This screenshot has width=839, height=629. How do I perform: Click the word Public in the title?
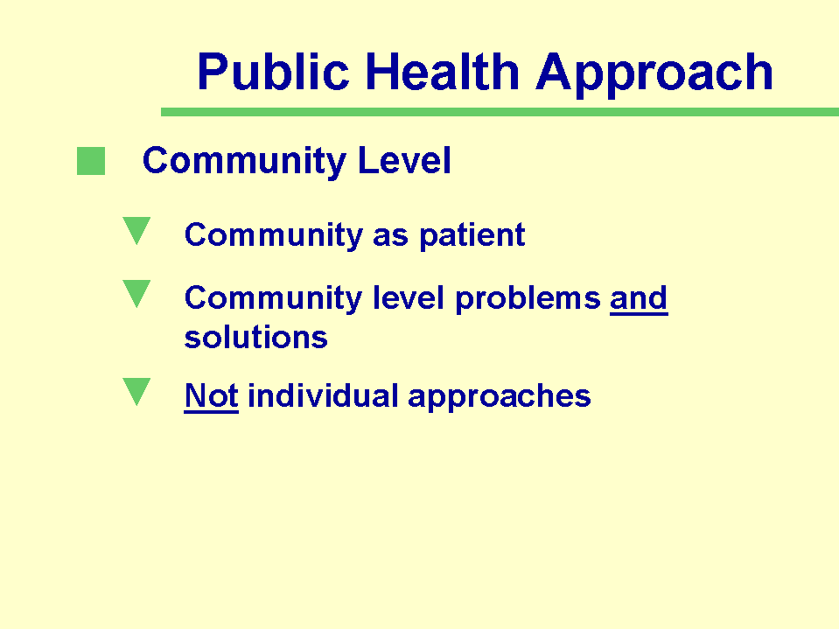274,72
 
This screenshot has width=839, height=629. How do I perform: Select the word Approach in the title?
654,75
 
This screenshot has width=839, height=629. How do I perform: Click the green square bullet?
91,161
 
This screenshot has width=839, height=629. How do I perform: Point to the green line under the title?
500,112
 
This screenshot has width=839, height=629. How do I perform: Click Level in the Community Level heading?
404,160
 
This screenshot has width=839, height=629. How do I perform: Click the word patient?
472,236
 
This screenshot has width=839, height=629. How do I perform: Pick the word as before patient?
390,237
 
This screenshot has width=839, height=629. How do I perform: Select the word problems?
528,299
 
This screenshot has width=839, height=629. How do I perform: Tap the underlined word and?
639,298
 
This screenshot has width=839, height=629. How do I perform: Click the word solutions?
255,338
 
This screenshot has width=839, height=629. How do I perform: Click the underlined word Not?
212,396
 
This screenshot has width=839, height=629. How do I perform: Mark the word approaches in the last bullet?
500,397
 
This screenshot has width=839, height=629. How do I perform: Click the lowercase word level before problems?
409,298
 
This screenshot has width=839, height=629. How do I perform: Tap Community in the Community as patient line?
273,236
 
